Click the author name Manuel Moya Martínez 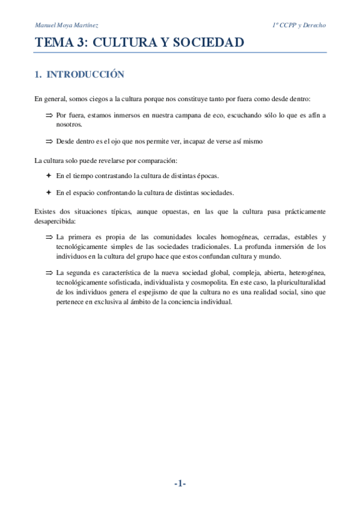click(x=67, y=26)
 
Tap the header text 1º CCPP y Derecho click(x=299, y=26)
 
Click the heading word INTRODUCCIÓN click(x=85, y=75)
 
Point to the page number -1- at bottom click(x=180, y=484)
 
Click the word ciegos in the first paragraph click(x=102, y=99)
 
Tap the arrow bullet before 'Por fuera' click(x=49, y=115)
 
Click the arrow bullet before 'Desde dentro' click(x=49, y=141)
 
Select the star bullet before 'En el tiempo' click(x=49, y=176)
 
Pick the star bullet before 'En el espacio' click(x=49, y=193)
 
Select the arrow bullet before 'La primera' click(x=49, y=238)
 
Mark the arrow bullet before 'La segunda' click(x=49, y=273)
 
